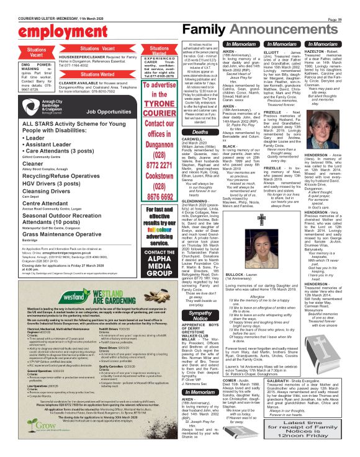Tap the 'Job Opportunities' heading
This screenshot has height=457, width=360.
109,112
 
